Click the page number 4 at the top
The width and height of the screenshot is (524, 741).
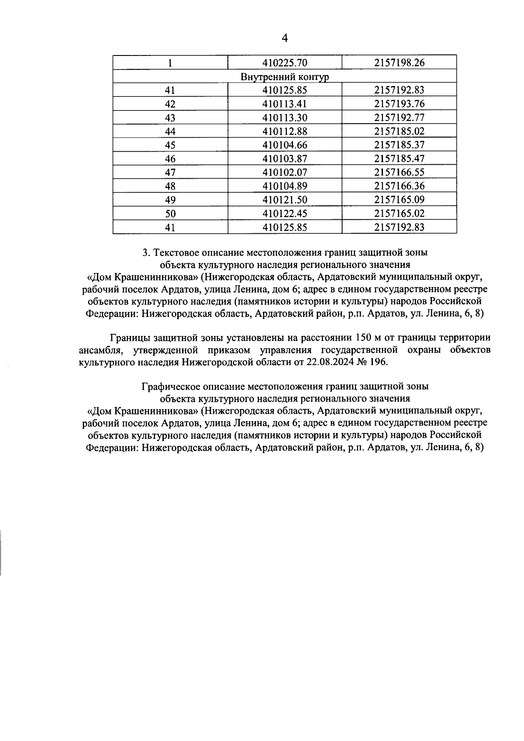tap(285, 38)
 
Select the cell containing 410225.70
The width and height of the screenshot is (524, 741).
tap(285, 63)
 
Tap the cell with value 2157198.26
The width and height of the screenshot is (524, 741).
tap(399, 63)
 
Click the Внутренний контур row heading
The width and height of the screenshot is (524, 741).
tap(285, 77)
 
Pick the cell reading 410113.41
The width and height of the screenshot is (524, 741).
tap(285, 104)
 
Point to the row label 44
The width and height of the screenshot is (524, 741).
tap(170, 132)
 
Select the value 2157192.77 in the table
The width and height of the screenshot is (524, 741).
tap(399, 118)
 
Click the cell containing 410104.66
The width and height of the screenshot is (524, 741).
tap(285, 145)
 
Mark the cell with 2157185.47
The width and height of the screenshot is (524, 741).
tap(399, 159)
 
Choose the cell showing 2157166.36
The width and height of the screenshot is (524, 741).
tap(399, 186)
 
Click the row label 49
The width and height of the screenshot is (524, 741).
tap(170, 200)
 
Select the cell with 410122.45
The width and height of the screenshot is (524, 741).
tap(285, 214)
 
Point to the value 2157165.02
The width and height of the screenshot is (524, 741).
tap(399, 214)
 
